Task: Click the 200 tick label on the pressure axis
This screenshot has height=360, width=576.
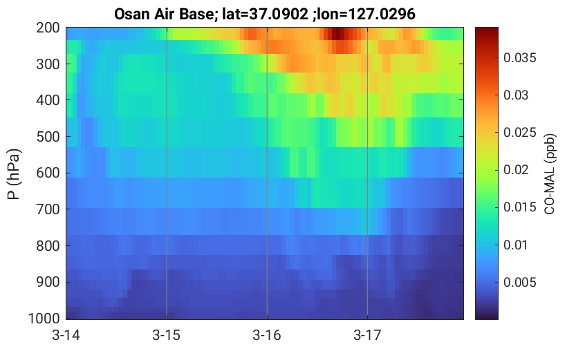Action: coord(48,28)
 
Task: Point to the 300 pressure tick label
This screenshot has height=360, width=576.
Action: coord(48,64)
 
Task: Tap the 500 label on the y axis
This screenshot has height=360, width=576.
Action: coord(48,137)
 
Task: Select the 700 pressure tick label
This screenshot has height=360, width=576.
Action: coord(48,209)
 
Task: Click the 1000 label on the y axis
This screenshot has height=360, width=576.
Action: coord(44,319)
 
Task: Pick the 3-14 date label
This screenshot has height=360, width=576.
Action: coord(66,335)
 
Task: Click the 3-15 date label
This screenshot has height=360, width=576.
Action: coord(167,335)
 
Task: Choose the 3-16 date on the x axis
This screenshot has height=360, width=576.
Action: coord(267,335)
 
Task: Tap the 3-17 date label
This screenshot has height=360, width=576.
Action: coord(367,335)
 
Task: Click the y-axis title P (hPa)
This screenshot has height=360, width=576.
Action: coord(14,174)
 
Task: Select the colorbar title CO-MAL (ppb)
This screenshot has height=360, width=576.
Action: coord(549,174)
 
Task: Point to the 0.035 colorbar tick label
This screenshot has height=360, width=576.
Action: coord(520,58)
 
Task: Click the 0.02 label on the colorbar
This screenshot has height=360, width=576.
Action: coord(516,170)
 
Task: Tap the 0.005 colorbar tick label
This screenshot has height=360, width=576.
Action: coord(520,282)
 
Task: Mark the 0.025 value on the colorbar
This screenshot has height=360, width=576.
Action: coord(520,133)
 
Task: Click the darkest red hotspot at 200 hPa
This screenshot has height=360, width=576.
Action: coord(337,34)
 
